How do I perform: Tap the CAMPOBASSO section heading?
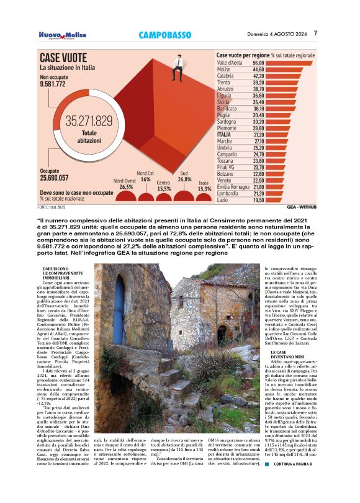click(x=164, y=35)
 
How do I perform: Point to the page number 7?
click(x=316, y=33)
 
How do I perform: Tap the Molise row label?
click(x=224, y=70)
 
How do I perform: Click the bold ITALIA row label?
click(x=224, y=134)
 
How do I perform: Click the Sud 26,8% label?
click(x=184, y=175)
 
